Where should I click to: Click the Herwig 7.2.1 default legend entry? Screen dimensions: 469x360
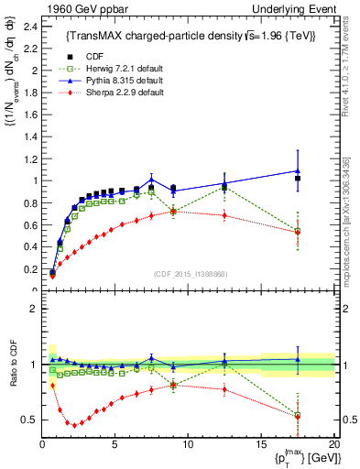pos(137,68)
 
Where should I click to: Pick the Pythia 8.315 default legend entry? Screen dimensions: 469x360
pos(136,81)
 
